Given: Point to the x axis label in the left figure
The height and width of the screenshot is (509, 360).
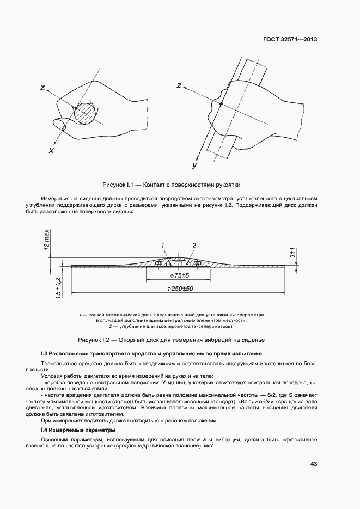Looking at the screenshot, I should (51, 150).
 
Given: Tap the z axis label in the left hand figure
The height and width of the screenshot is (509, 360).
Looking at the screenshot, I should (42, 88).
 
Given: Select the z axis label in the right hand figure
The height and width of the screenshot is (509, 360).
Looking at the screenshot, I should (180, 85).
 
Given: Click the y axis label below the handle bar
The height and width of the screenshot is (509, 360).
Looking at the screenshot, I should (194, 164).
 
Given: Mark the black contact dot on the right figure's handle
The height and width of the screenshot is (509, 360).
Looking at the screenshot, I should (221, 103).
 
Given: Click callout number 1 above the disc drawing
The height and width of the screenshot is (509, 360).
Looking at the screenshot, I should (163, 245).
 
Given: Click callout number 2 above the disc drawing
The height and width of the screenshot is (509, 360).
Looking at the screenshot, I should (194, 245).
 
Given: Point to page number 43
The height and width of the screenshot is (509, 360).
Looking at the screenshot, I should (313, 464).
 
